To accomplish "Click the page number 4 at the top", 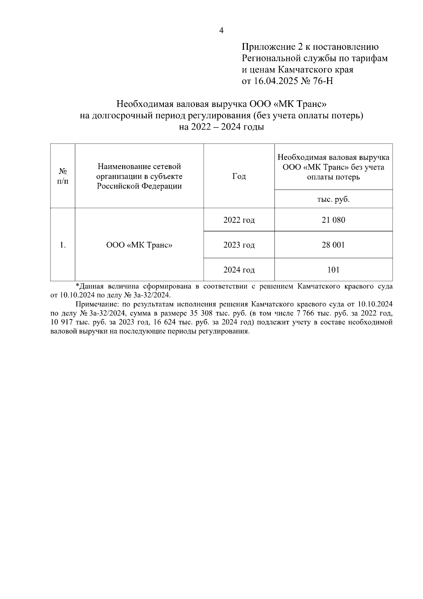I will pyautogui.click(x=221, y=31).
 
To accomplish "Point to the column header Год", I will pyautogui.click(x=239, y=176).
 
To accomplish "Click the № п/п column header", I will pyautogui.click(x=63, y=176).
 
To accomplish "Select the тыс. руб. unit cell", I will pyautogui.click(x=333, y=199).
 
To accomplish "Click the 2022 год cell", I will pyautogui.click(x=239, y=220).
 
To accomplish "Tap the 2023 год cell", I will pyautogui.click(x=239, y=245).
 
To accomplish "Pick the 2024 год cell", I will pyautogui.click(x=239, y=270).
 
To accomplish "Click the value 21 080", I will pyautogui.click(x=333, y=220).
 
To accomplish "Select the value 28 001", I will pyautogui.click(x=333, y=245).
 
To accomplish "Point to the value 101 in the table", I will pyautogui.click(x=333, y=270).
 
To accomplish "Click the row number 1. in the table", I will pyautogui.click(x=63, y=245).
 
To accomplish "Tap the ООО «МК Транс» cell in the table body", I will pyautogui.click(x=139, y=245).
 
